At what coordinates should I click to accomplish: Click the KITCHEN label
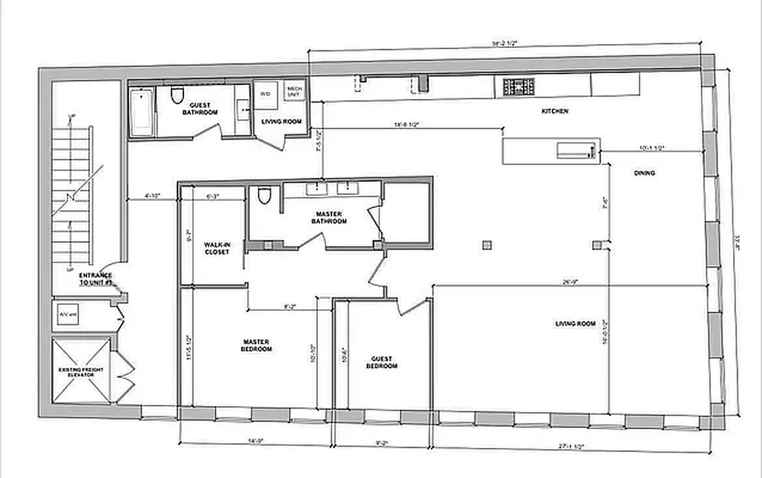554,111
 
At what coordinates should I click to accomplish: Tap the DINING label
644,173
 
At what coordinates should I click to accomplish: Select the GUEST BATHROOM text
200,108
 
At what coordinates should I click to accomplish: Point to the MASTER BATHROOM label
328,217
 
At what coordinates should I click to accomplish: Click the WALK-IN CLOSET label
217,248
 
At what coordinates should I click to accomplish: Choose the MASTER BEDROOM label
256,345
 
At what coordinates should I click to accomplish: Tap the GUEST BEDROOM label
382,362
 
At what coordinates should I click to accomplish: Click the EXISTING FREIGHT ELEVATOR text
81,372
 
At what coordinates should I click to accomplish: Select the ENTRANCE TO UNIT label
96,278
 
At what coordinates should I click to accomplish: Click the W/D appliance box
265,94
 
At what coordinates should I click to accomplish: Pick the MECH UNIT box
294,91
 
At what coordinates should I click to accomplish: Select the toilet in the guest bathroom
177,95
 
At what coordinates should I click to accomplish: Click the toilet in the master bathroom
265,195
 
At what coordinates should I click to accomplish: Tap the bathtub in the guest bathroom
142,112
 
